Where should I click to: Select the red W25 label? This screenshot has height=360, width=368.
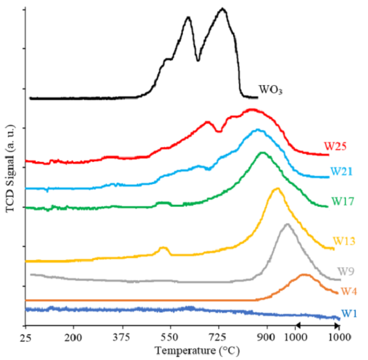(336, 147)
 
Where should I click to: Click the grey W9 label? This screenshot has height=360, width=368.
(346, 271)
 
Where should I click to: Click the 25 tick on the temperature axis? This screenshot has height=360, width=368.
(26, 338)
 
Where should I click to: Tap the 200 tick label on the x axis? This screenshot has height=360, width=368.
(74, 338)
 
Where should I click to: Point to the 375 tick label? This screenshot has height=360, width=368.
(121, 338)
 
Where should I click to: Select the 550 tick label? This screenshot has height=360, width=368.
(170, 338)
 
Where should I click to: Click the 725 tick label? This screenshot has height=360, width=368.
(218, 338)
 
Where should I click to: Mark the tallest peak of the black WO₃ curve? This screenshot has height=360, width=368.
(223, 9)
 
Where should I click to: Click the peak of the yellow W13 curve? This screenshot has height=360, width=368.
(277, 189)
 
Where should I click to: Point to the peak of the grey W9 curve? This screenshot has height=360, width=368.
(287, 224)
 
